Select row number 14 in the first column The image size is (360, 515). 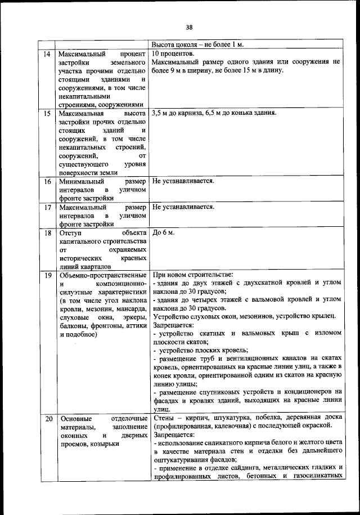tap(47, 54)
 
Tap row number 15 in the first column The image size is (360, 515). tap(47, 113)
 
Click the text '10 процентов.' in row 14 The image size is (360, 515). tap(173, 54)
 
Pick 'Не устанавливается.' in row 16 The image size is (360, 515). tap(183, 182)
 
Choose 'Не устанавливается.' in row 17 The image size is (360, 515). tap(183, 207)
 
